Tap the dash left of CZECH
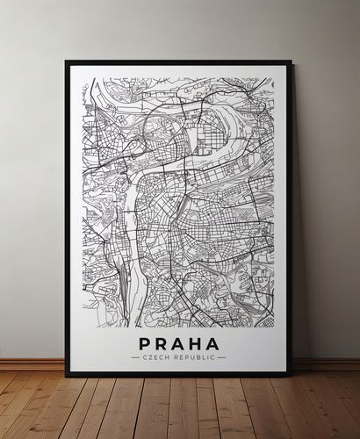pos(134,357)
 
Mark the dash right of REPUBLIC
pos(222,357)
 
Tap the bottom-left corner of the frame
pos(67,375)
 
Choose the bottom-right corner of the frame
pos(291,375)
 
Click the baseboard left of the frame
pos(32,363)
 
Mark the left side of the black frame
pos(68,219)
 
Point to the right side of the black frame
pos(290,219)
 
